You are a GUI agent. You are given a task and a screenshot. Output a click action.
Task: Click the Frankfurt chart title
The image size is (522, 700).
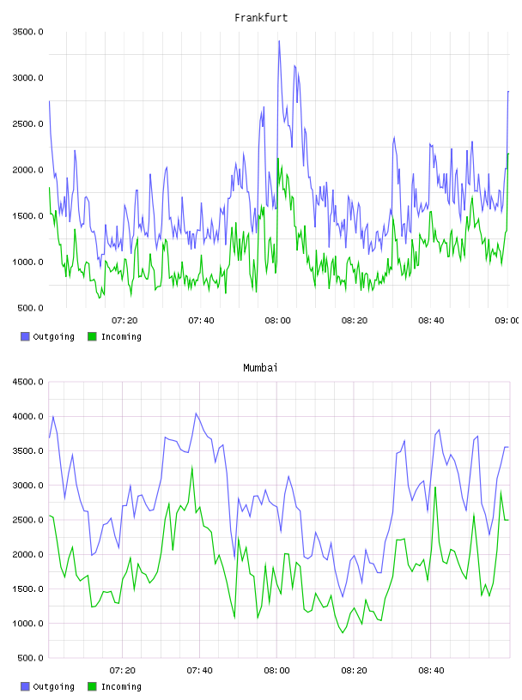(x=261, y=18)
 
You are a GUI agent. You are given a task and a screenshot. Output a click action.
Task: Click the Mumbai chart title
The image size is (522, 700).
(x=260, y=368)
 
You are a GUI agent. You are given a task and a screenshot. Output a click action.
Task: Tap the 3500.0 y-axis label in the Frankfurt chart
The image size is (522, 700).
(x=27, y=32)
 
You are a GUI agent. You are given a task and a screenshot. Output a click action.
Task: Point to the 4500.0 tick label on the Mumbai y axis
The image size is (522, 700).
(x=27, y=382)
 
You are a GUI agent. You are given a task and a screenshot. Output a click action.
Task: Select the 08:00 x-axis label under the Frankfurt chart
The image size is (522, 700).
(x=277, y=320)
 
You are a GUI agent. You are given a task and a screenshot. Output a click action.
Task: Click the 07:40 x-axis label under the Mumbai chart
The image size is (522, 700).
(x=200, y=670)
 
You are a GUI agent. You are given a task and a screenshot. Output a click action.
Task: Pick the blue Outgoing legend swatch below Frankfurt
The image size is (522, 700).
(x=25, y=336)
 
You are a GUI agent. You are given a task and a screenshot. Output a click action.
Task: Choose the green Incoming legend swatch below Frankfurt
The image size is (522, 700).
(x=92, y=336)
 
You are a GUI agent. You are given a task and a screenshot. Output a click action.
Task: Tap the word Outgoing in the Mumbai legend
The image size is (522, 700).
(x=53, y=686)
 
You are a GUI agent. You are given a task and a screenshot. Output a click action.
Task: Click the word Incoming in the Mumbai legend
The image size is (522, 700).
(x=121, y=686)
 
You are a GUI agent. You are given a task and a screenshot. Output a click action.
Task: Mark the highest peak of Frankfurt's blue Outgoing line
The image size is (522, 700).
(x=279, y=41)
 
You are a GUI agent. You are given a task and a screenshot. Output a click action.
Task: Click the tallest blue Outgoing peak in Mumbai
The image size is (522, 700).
(x=196, y=413)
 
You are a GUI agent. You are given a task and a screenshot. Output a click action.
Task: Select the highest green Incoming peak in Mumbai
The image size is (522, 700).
(x=192, y=468)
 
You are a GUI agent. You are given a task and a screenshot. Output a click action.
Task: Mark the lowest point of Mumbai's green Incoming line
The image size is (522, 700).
(x=343, y=632)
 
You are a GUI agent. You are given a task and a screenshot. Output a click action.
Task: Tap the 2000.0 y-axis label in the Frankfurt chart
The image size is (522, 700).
(x=27, y=170)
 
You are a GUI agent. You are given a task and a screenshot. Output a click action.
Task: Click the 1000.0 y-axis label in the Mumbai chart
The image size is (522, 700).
(x=27, y=624)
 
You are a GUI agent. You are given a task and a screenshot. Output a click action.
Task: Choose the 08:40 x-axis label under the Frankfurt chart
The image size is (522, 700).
(x=431, y=320)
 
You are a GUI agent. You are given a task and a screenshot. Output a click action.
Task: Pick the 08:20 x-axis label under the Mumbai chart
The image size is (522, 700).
(x=354, y=670)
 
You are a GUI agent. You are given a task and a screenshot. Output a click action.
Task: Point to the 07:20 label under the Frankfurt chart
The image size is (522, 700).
(x=124, y=320)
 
